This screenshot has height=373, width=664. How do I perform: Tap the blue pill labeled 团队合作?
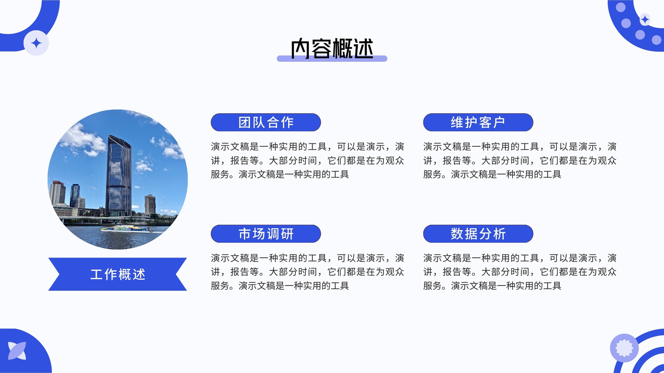(266, 122)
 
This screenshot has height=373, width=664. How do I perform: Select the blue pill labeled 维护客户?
(478, 122)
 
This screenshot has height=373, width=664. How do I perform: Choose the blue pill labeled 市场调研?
(266, 234)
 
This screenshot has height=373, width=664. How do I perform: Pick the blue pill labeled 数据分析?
(478, 234)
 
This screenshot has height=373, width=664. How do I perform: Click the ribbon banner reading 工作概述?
(118, 274)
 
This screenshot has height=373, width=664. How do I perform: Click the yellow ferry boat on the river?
(126, 228)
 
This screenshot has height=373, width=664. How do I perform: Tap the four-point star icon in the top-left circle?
(36, 43)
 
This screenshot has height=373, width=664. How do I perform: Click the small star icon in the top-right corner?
(645, 20)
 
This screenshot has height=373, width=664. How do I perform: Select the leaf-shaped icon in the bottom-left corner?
(17, 351)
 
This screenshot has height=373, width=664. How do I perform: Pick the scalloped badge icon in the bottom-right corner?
(624, 348)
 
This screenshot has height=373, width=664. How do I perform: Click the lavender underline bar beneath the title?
(332, 58)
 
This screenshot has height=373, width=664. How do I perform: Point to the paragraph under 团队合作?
(308, 160)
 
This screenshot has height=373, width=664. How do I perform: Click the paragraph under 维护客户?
(520, 160)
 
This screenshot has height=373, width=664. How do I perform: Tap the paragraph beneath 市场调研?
(308, 272)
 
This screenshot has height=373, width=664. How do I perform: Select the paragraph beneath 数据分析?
(520, 272)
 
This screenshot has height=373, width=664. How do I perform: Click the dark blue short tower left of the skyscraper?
(74, 195)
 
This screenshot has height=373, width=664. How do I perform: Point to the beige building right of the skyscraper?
(150, 204)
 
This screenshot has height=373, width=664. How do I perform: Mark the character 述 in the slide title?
(364, 48)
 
